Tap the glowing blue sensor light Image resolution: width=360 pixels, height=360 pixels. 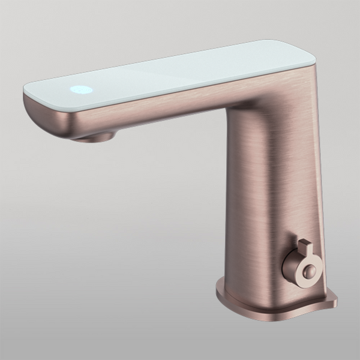coord(82,90)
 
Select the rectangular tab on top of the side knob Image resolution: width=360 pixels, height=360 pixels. coord(304,247)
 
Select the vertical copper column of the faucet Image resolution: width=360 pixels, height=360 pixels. coord(264,198)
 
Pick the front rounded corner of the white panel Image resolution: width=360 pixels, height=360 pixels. coord(30,90)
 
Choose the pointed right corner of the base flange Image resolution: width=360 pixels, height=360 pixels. coord(334,298)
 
